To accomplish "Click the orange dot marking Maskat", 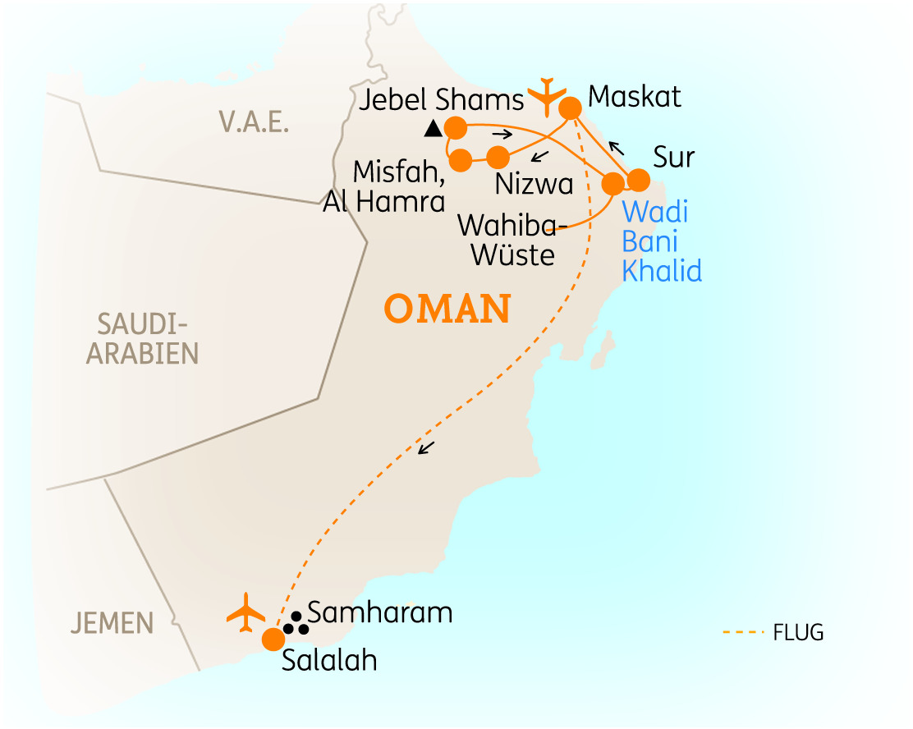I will [571, 108].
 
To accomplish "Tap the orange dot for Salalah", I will [273, 639].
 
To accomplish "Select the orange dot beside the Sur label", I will [638, 180].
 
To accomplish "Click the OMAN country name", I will [447, 309].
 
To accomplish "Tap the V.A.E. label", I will [254, 121].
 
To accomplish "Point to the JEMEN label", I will [112, 622].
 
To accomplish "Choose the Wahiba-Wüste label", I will [513, 239].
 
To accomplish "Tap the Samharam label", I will [379, 612].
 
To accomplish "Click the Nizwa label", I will [534, 183].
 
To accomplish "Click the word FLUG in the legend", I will [797, 632].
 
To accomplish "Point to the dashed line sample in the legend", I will [743, 632].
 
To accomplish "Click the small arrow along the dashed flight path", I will [425, 448].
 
